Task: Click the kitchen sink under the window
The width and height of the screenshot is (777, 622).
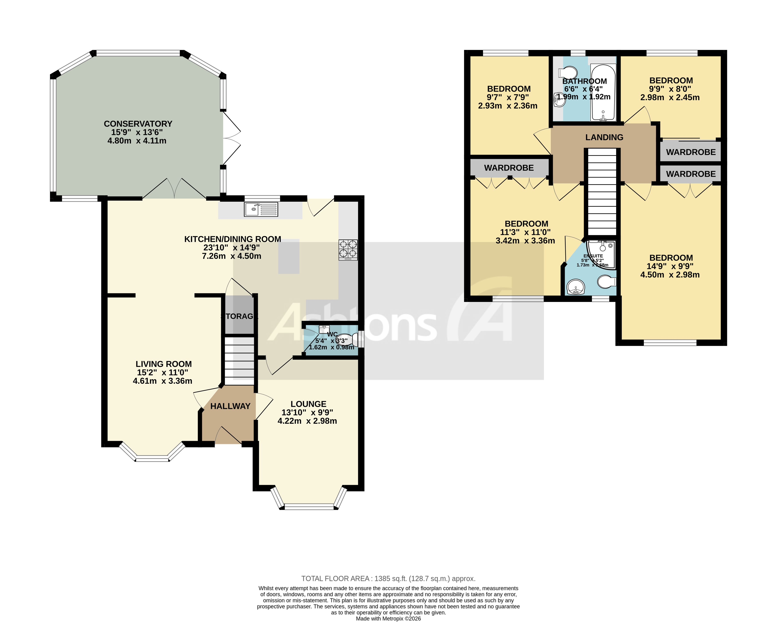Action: (261, 209)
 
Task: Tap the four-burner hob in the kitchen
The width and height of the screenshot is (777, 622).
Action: (348, 250)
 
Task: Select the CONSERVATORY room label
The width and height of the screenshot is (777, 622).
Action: (138, 124)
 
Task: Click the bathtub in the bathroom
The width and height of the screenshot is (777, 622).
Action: (603, 93)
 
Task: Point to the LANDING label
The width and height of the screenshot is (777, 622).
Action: (604, 137)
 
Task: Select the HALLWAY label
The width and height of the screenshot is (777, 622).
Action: (230, 406)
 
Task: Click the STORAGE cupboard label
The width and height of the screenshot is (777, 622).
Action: (239, 316)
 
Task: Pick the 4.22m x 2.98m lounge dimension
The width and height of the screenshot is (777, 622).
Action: (307, 421)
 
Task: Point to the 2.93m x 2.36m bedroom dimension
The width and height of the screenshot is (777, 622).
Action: (507, 106)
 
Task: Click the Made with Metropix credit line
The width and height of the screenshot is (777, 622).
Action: (388, 618)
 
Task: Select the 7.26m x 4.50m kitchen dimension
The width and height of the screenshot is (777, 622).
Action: (231, 256)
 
